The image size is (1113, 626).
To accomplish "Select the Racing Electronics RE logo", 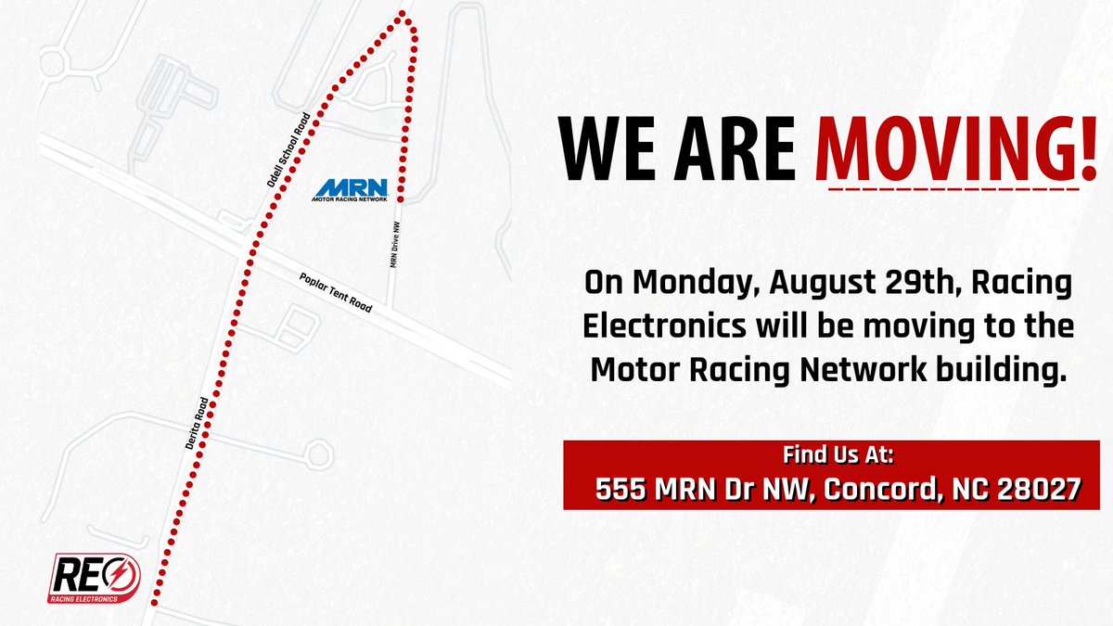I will (95, 581).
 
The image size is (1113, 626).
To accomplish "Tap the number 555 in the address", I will (619, 489).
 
